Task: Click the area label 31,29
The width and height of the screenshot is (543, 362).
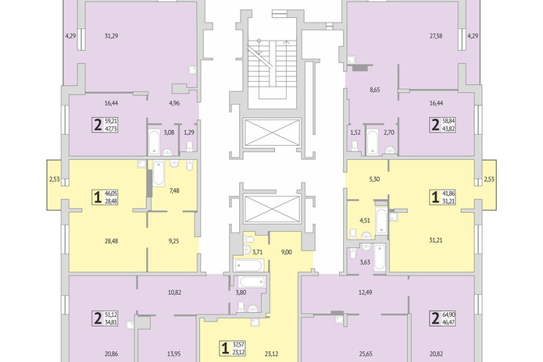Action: pos(111,36)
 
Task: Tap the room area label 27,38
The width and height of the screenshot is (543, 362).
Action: pos(436,36)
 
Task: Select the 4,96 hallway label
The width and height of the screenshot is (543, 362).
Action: pos(174,103)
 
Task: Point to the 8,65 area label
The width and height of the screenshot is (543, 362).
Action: pos(375,90)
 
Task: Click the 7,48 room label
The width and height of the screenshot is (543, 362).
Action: pos(174,190)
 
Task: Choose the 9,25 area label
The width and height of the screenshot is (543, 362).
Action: pos(174,241)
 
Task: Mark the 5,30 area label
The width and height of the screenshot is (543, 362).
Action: pos(375,179)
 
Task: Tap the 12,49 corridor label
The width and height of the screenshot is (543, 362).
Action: pos(366,293)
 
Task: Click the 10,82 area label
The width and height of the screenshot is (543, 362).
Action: pos(174,293)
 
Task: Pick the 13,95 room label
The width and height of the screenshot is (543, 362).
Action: pos(173,353)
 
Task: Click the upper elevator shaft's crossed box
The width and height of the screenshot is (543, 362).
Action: pos(272,133)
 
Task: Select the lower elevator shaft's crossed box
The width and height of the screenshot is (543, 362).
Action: pos(272,210)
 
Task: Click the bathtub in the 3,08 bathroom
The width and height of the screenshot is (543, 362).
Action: pos(154,142)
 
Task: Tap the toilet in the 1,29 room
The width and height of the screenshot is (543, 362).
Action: pos(189,146)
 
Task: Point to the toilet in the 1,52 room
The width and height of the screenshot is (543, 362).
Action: pos(355,146)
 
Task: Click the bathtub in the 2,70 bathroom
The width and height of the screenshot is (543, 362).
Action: pos(373,142)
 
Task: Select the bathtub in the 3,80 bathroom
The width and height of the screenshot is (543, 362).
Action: pos(252,282)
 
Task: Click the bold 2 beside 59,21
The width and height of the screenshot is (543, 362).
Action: pos(98,125)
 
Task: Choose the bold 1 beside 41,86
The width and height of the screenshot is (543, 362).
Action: pos(435,197)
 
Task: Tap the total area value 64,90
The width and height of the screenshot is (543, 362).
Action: pos(448,314)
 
